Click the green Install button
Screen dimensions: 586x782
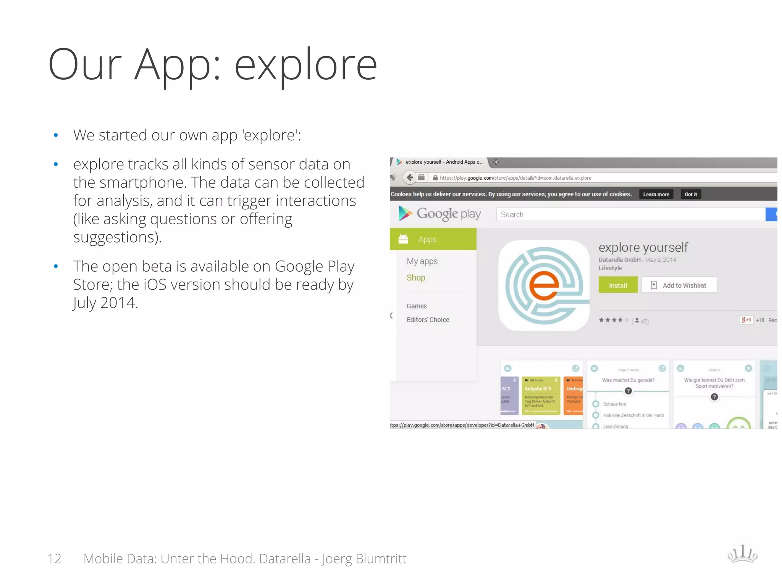click(x=618, y=285)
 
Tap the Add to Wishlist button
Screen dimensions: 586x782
click(x=679, y=285)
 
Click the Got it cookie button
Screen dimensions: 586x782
click(x=690, y=194)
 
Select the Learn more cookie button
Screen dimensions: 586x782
click(x=656, y=194)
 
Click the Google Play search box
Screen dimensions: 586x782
click(x=630, y=214)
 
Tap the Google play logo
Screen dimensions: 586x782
click(x=439, y=214)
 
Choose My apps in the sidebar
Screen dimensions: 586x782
click(x=422, y=261)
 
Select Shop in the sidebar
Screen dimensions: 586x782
click(x=416, y=278)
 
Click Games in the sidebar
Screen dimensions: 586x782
click(x=417, y=306)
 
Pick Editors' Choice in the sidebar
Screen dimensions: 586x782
click(x=428, y=320)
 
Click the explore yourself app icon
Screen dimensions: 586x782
click(x=544, y=285)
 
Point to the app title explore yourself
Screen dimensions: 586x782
click(x=643, y=247)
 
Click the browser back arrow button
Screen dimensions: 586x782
click(x=410, y=177)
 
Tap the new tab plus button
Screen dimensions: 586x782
click(x=496, y=162)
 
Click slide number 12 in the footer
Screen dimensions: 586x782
click(x=54, y=559)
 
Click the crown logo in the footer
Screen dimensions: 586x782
click(x=742, y=554)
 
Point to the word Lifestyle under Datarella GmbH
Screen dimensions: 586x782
click(x=610, y=268)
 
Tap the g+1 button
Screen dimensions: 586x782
click(x=746, y=320)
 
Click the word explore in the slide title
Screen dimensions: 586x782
click(x=305, y=65)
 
